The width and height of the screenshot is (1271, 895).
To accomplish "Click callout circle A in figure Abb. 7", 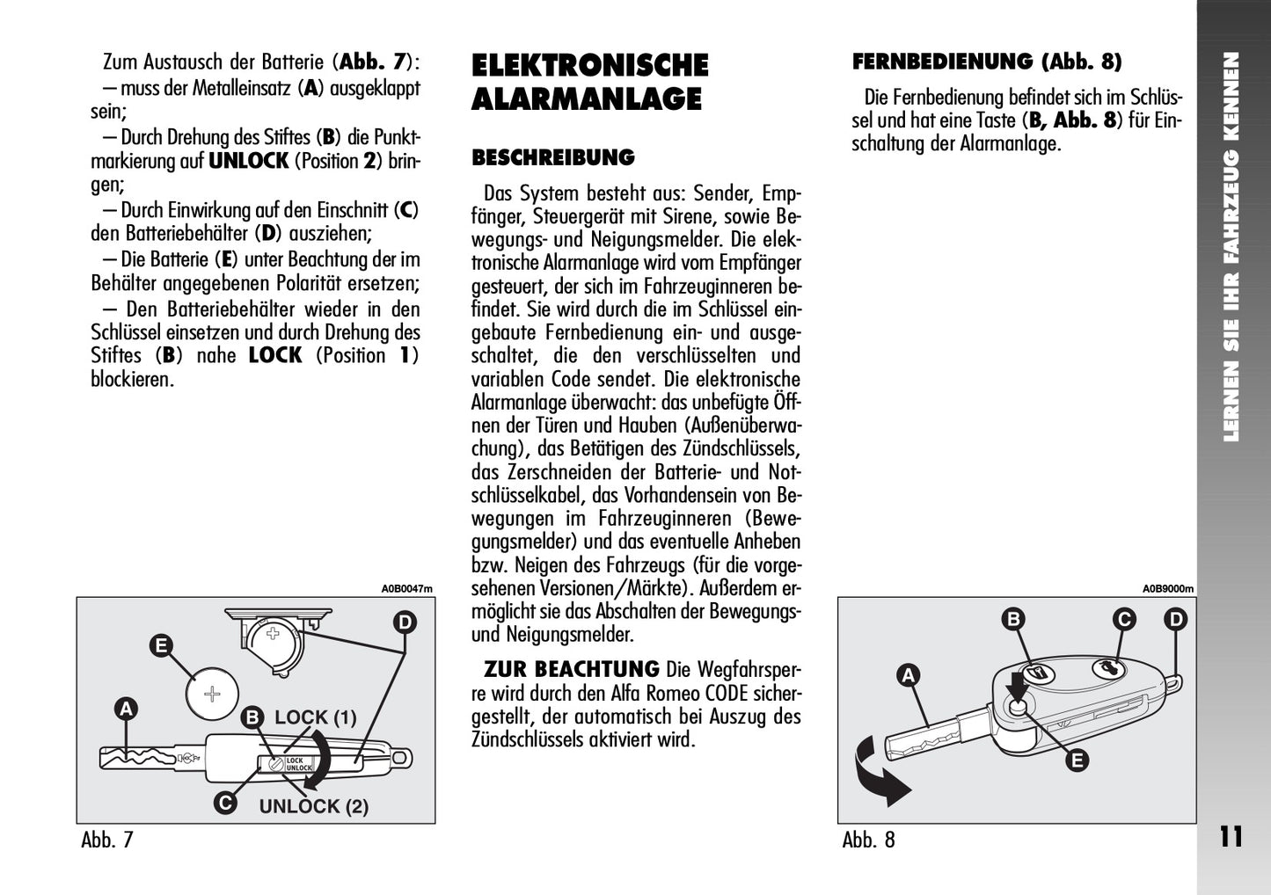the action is pyautogui.click(x=126, y=709).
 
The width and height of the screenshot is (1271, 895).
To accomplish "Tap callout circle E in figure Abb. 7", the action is pyautogui.click(x=161, y=646).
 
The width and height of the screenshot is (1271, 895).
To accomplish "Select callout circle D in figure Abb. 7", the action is pyautogui.click(x=405, y=622).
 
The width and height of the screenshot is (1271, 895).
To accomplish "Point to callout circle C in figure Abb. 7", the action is pyautogui.click(x=225, y=803).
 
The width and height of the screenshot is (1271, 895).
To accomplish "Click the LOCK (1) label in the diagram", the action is pyautogui.click(x=316, y=717).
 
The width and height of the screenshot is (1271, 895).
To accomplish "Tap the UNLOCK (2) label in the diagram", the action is pyautogui.click(x=314, y=806).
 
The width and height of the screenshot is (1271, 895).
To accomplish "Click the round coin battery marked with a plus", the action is pyautogui.click(x=212, y=694).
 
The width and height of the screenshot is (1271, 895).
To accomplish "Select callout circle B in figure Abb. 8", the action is pyautogui.click(x=1013, y=619).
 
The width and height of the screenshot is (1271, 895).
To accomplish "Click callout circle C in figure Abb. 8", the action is pyautogui.click(x=1124, y=619).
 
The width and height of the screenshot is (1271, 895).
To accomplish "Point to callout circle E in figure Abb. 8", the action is pyautogui.click(x=1077, y=760).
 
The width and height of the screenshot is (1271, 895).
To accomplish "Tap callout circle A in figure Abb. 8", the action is pyautogui.click(x=909, y=675).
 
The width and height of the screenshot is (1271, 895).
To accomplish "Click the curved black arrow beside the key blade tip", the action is pyautogui.click(x=873, y=778).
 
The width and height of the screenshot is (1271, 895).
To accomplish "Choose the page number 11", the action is pyautogui.click(x=1231, y=837).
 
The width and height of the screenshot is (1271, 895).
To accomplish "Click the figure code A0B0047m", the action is pyautogui.click(x=407, y=589).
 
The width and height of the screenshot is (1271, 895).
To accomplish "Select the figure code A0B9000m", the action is pyautogui.click(x=1168, y=589).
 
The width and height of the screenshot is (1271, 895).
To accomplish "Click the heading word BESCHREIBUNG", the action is pyautogui.click(x=553, y=157).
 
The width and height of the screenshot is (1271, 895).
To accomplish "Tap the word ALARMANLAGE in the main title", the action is pyautogui.click(x=586, y=99).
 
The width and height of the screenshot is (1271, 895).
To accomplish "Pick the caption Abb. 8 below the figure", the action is pyautogui.click(x=868, y=840).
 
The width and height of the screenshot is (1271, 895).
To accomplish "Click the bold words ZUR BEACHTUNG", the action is pyautogui.click(x=572, y=670).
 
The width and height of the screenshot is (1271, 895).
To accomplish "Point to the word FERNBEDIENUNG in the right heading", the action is pyautogui.click(x=942, y=62).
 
